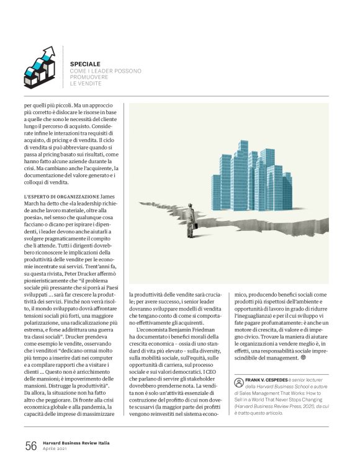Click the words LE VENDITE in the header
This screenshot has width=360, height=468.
pyautogui.click(x=85, y=83)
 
